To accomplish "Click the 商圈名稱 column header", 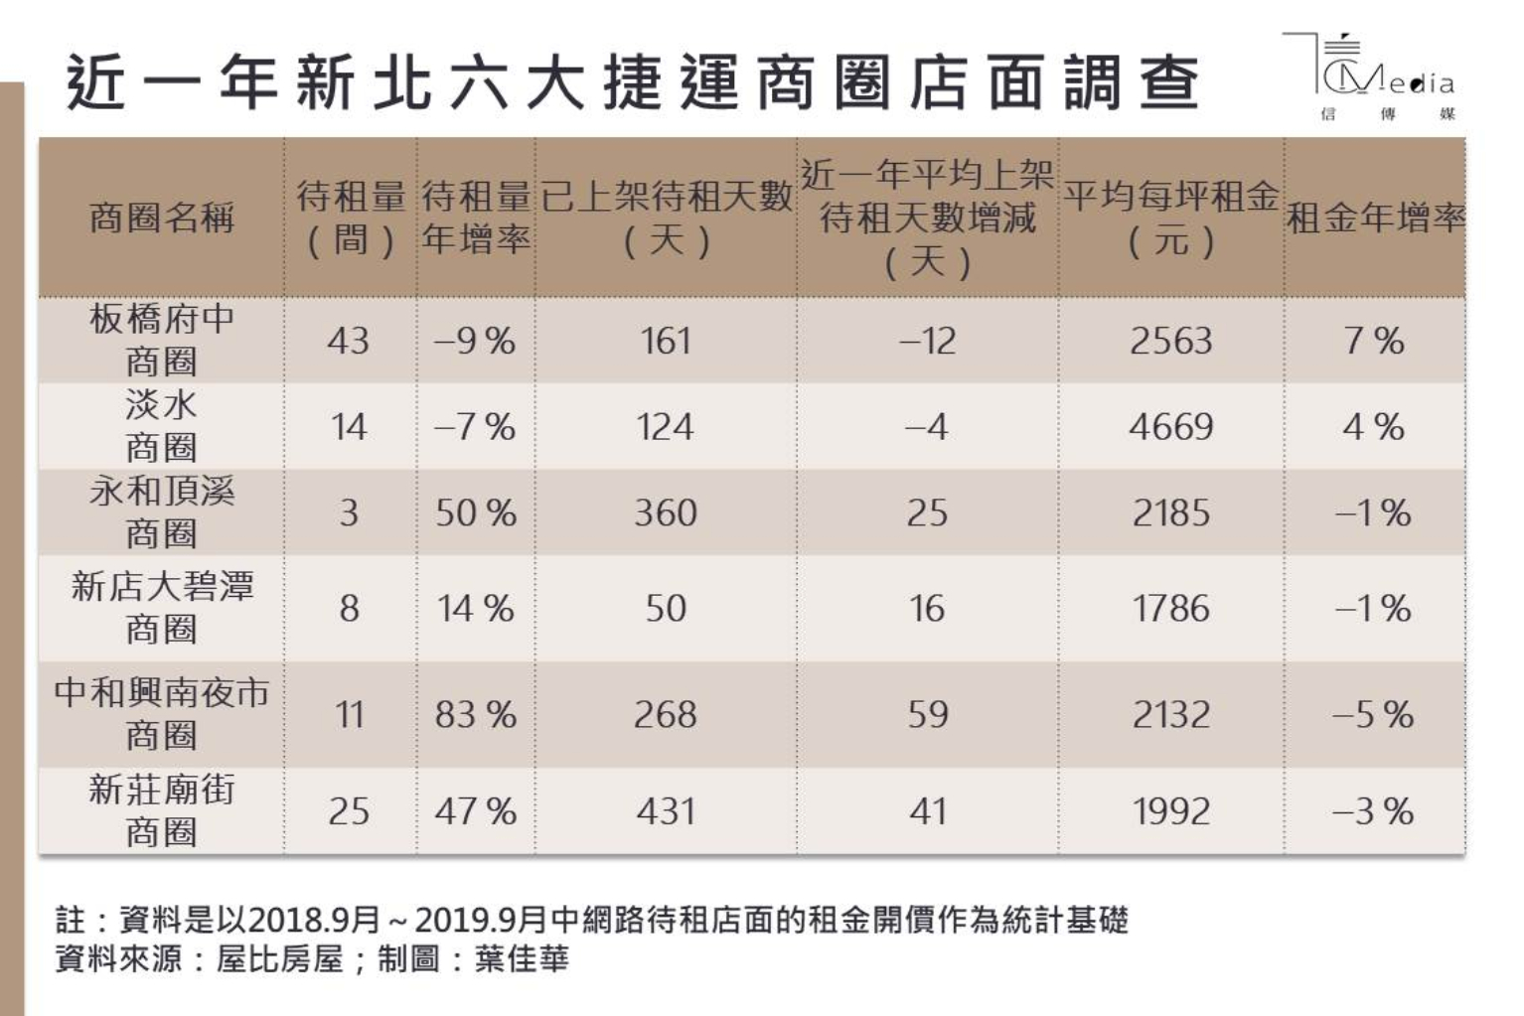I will tap(161, 218).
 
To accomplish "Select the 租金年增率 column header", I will tap(1375, 218).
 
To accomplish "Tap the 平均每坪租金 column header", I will tap(1171, 218).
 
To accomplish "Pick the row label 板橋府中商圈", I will tap(161, 340).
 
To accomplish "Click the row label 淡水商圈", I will tap(161, 426).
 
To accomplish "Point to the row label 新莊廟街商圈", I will tap(161, 810).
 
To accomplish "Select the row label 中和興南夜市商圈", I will tap(161, 713).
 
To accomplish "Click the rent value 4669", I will tap(1171, 427).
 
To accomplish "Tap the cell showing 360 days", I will tap(666, 512).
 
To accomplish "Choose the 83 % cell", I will tap(476, 714).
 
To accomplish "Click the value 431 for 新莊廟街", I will tap(666, 810).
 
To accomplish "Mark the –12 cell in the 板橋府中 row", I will tap(927, 341).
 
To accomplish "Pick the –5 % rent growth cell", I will tap(1374, 714).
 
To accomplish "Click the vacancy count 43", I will tap(349, 341).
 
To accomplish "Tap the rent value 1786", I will tap(1171, 608).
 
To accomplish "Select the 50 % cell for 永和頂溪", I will tap(476, 512).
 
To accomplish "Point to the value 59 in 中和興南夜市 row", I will tap(927, 714).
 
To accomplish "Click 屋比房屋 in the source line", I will tap(279, 959).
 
